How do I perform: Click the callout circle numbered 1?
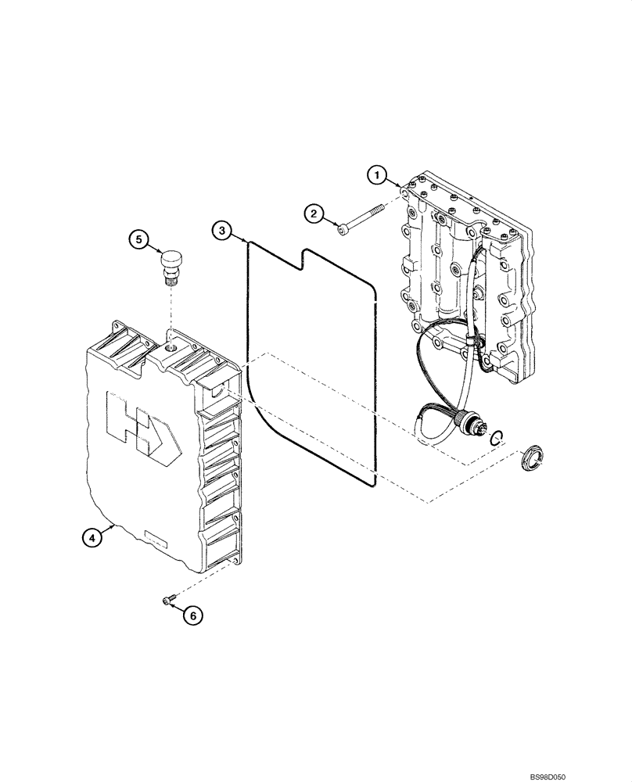tap(377, 175)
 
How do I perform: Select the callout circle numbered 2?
tap(314, 213)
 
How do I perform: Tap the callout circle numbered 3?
tap(222, 230)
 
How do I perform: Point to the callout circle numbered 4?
tap(92, 537)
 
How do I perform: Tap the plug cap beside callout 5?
tap(171, 261)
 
